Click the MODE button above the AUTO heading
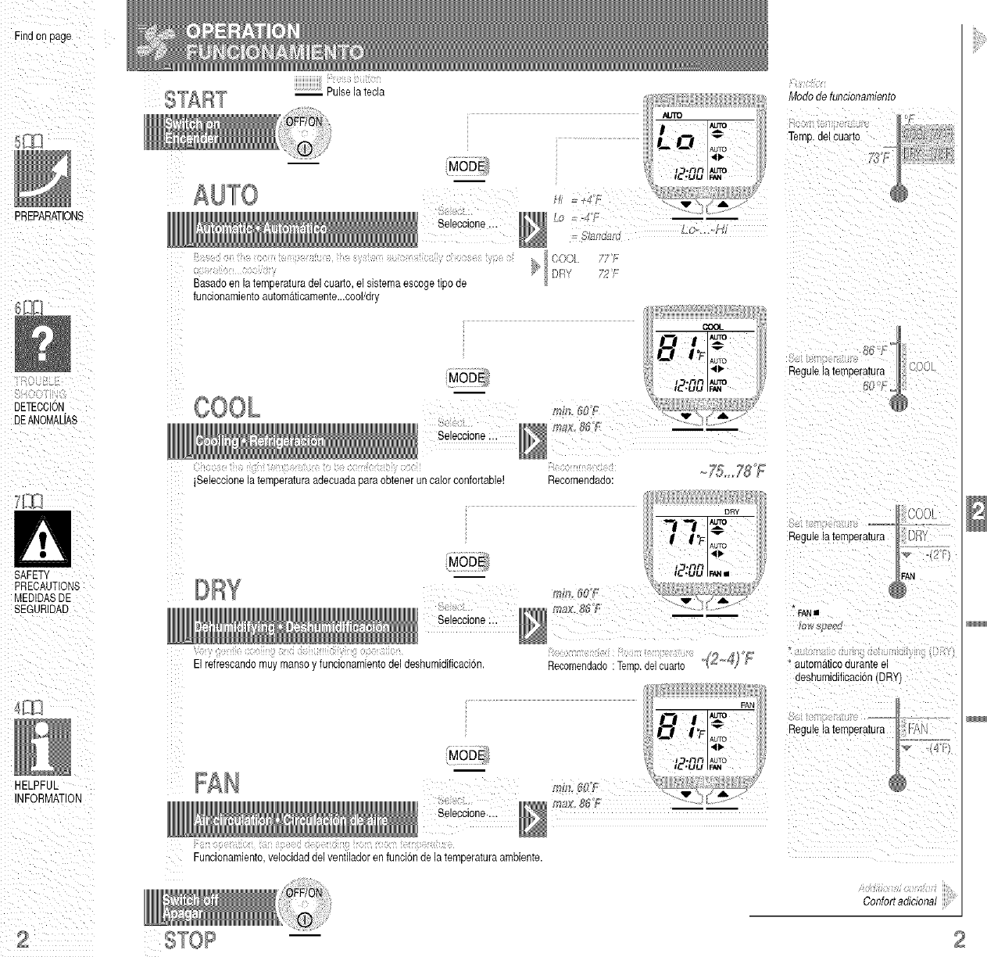point(466,167)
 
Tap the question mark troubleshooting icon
point(43,344)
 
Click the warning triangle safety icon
point(43,539)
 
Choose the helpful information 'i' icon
point(43,747)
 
